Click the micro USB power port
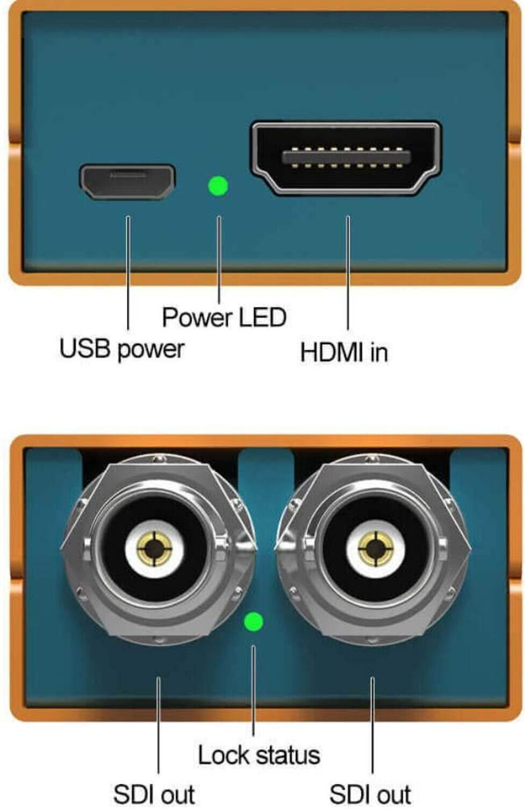pyautogui.click(x=127, y=181)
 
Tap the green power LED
pyautogui.click(x=218, y=186)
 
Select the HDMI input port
pyautogui.click(x=346, y=157)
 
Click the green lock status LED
pyautogui.click(x=253, y=622)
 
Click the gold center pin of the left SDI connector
pyautogui.click(x=155, y=549)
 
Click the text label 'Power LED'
pyautogui.click(x=224, y=317)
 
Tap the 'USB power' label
pyautogui.click(x=121, y=349)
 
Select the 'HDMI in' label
pyautogui.click(x=344, y=352)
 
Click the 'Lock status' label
pyautogui.click(x=259, y=755)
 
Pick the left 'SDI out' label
pyautogui.click(x=154, y=794)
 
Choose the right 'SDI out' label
pyautogui.click(x=370, y=794)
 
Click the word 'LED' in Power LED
pyautogui.click(x=262, y=317)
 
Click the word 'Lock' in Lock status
pyautogui.click(x=221, y=755)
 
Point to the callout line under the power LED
pyautogui.click(x=219, y=258)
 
